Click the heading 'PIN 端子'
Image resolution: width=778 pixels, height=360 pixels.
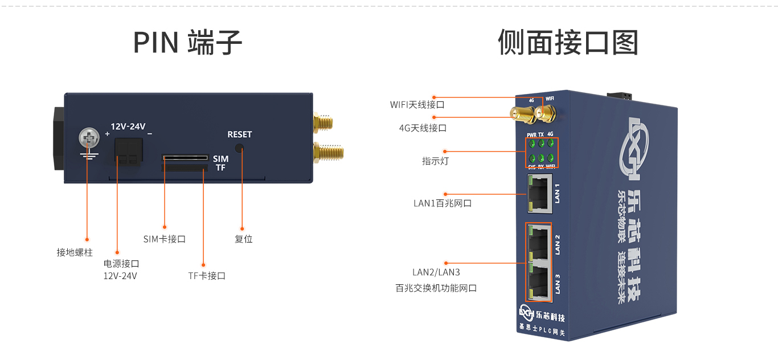pyautogui.click(x=187, y=43)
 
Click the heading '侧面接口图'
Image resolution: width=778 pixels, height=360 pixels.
pyautogui.click(x=568, y=43)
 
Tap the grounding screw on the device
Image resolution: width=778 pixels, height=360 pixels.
pyautogui.click(x=88, y=137)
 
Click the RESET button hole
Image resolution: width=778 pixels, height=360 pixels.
pyautogui.click(x=239, y=148)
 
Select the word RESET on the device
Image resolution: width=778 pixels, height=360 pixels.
pyautogui.click(x=239, y=134)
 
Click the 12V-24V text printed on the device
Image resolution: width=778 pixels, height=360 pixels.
pyautogui.click(x=128, y=126)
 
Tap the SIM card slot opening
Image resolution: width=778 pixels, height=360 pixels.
pyautogui.click(x=185, y=157)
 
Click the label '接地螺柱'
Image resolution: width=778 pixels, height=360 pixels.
pyautogui.click(x=75, y=252)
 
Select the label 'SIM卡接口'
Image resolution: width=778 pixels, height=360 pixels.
pyautogui.click(x=165, y=239)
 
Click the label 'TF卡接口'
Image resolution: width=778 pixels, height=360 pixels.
pyautogui.click(x=207, y=276)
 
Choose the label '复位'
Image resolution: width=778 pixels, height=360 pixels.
pyautogui.click(x=243, y=239)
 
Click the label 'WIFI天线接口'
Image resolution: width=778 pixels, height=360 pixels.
pyautogui.click(x=417, y=105)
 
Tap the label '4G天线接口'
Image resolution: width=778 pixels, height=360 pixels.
pyautogui.click(x=423, y=128)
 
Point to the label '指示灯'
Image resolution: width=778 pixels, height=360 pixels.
pyautogui.click(x=435, y=161)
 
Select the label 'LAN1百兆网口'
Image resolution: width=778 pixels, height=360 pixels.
pyautogui.click(x=443, y=203)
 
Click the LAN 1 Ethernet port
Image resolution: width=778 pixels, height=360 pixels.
pyautogui.click(x=539, y=193)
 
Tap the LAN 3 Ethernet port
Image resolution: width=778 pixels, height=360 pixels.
pyautogui.click(x=539, y=281)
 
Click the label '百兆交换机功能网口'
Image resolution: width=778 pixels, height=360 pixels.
pyautogui.click(x=436, y=288)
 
